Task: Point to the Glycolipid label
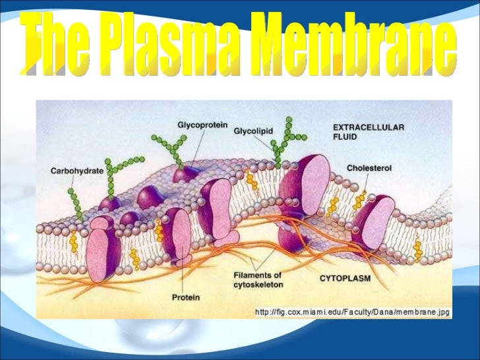pos(253,131)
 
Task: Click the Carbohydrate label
pos(77,170)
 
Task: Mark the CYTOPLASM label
pos(345,279)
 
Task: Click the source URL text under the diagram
pos(352,312)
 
